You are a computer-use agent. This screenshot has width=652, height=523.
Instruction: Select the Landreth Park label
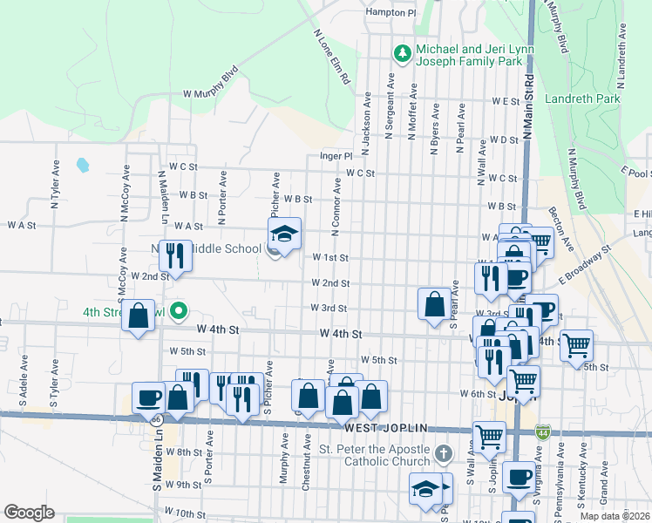tap(582, 98)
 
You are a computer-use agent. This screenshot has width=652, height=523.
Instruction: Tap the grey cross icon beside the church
tap(443, 454)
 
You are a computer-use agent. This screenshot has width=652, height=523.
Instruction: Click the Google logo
tap(29, 513)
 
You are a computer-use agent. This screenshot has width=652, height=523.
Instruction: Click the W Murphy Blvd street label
tap(210, 83)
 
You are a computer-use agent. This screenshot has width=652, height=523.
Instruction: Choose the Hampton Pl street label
tap(391, 13)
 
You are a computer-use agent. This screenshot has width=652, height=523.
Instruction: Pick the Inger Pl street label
tap(336, 156)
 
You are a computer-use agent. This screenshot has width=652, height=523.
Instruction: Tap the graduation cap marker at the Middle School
tap(283, 234)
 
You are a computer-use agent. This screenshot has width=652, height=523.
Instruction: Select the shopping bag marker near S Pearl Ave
tap(434, 305)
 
